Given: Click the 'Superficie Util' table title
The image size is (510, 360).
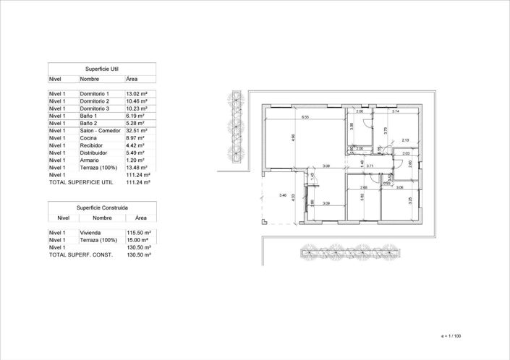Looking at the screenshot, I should click(x=102, y=68).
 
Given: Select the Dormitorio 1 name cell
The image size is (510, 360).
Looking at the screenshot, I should click(x=95, y=94).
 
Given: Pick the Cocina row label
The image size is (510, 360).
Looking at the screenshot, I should click(x=88, y=138).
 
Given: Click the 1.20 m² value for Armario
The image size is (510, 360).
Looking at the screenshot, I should click(x=135, y=160).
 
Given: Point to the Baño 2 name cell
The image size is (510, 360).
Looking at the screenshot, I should click(x=90, y=124).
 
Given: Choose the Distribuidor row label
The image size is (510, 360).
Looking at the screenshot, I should click(x=94, y=153).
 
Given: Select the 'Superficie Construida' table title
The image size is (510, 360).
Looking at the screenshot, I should click(x=102, y=206).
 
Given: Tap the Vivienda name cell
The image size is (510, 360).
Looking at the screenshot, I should click(x=92, y=233).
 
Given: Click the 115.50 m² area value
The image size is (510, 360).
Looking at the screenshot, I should click(x=138, y=233).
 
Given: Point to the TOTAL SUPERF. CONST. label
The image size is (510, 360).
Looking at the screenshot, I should click(x=80, y=255).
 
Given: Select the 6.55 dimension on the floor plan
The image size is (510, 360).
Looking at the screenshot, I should click(x=305, y=117).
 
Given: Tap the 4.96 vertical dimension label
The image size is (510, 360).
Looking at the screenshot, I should click(x=293, y=138).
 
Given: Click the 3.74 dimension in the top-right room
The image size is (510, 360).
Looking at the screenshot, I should click(x=396, y=112).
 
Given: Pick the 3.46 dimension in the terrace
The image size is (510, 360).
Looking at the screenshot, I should click(x=283, y=196).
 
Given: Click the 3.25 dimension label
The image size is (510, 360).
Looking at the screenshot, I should click(x=410, y=200).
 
